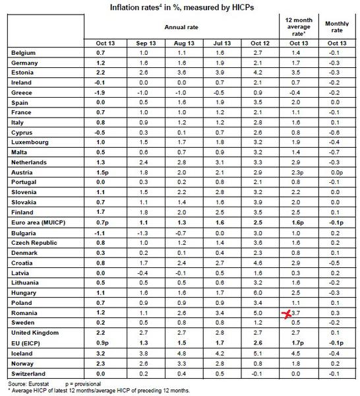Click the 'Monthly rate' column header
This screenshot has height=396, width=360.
[336, 27]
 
